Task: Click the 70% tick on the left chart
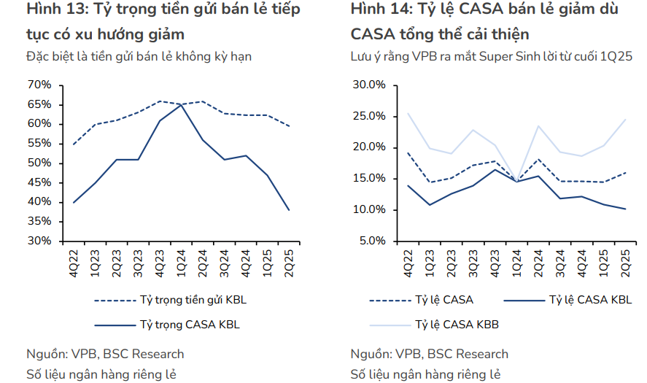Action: pyautogui.click(x=39, y=85)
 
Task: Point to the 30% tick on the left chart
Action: pyautogui.click(x=39, y=241)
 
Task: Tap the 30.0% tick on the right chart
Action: pyautogui.click(x=369, y=85)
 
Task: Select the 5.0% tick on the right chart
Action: pyautogui.click(x=371, y=241)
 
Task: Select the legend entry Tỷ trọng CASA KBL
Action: pyautogui.click(x=188, y=325)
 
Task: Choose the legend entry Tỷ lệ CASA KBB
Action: pyautogui.click(x=457, y=325)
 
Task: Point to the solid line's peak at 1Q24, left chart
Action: pyautogui.click(x=181, y=104)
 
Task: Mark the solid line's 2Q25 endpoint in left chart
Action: pyautogui.click(x=290, y=210)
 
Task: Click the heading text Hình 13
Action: pyautogui.click(x=53, y=10)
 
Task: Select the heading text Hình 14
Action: pyautogui.click(x=379, y=10)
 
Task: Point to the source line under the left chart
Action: pyautogui.click(x=105, y=355)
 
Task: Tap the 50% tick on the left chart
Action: pyautogui.click(x=39, y=163)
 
